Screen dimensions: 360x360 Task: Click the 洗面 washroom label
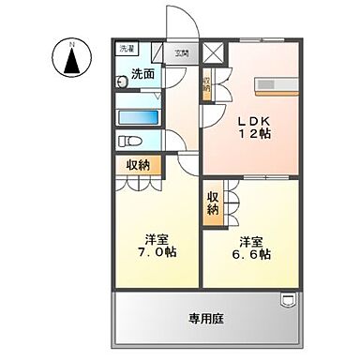pyautogui.click(x=142, y=74)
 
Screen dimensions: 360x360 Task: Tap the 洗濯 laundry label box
pyautogui.click(x=126, y=49)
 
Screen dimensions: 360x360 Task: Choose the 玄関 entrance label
pyautogui.click(x=180, y=53)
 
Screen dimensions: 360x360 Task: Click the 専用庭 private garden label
pyautogui.click(x=207, y=319)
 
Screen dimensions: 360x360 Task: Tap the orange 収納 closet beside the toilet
pyautogui.click(x=139, y=165)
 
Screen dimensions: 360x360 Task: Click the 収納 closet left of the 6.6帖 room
pyautogui.click(x=214, y=202)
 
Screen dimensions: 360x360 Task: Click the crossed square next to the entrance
pyautogui.click(x=214, y=53)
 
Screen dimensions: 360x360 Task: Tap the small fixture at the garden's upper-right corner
pyautogui.click(x=289, y=300)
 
